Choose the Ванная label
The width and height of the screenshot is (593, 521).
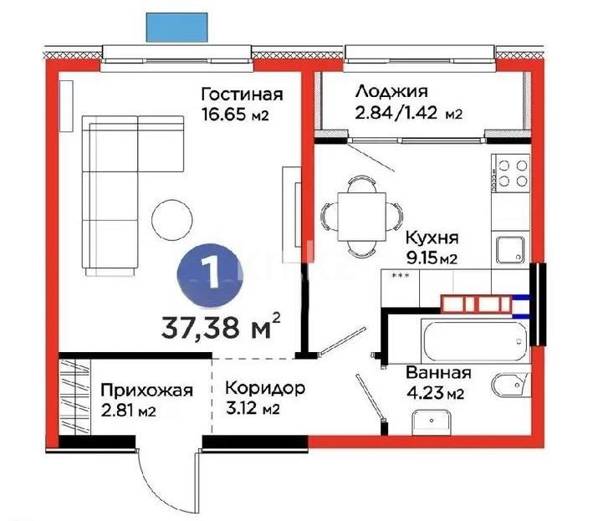point(437,373)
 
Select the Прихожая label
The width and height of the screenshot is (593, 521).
point(146,391)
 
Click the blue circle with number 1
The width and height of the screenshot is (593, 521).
point(209,273)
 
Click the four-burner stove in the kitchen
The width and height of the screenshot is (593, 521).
point(511,172)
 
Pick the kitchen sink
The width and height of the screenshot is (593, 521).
point(508,248)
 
